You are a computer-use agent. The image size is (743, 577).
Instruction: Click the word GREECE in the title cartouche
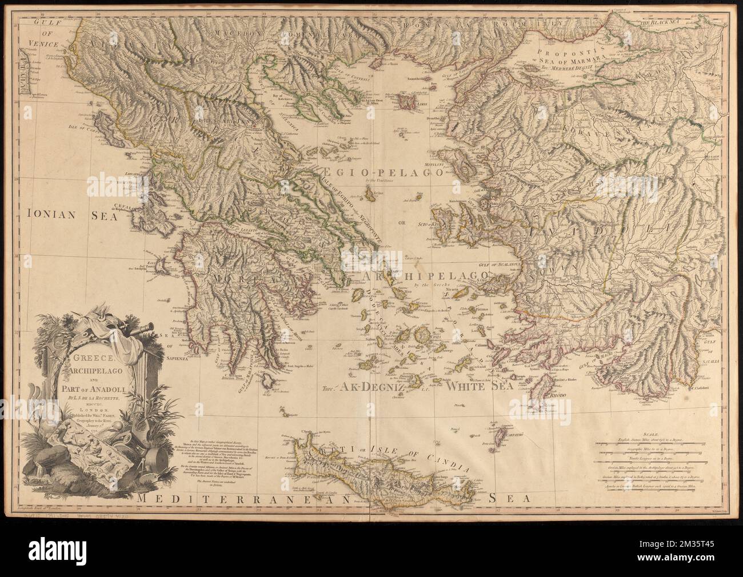point(84,359)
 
